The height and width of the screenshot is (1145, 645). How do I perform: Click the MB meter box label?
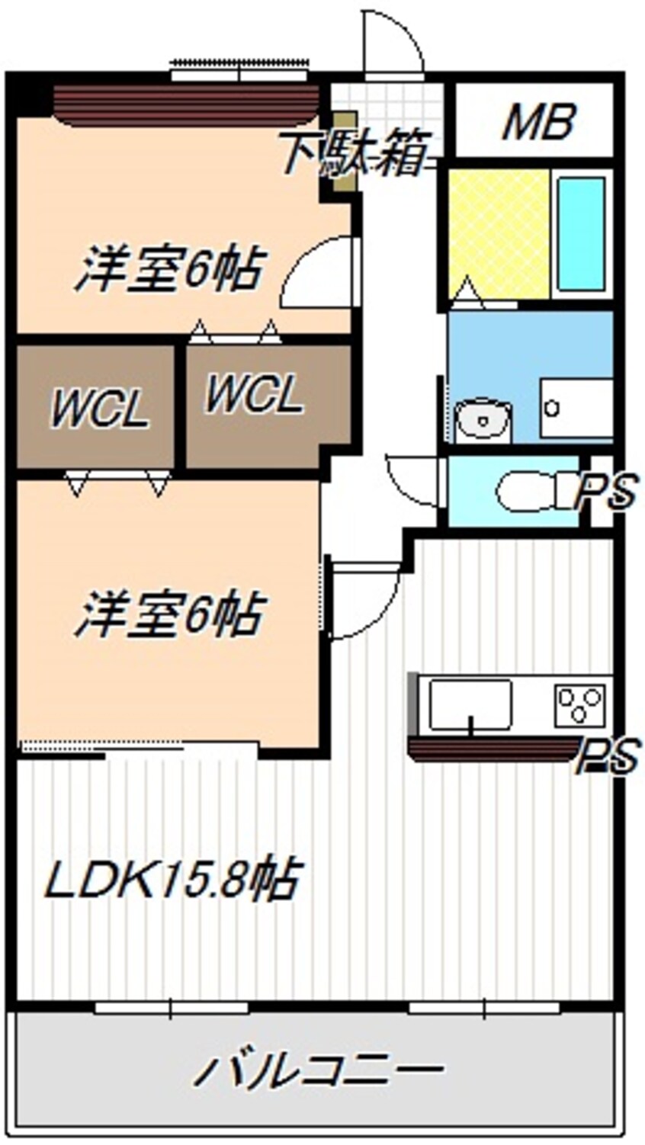537,122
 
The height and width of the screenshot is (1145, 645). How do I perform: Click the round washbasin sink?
482,419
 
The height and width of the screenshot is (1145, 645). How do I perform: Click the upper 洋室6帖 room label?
169,268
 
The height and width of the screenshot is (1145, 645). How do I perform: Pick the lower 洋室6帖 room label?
169,614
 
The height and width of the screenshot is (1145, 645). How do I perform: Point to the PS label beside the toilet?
606,492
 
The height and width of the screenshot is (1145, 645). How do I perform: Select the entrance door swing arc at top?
393,42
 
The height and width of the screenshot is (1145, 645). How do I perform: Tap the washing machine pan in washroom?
576,408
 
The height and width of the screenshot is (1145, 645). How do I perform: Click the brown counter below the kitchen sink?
492,749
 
